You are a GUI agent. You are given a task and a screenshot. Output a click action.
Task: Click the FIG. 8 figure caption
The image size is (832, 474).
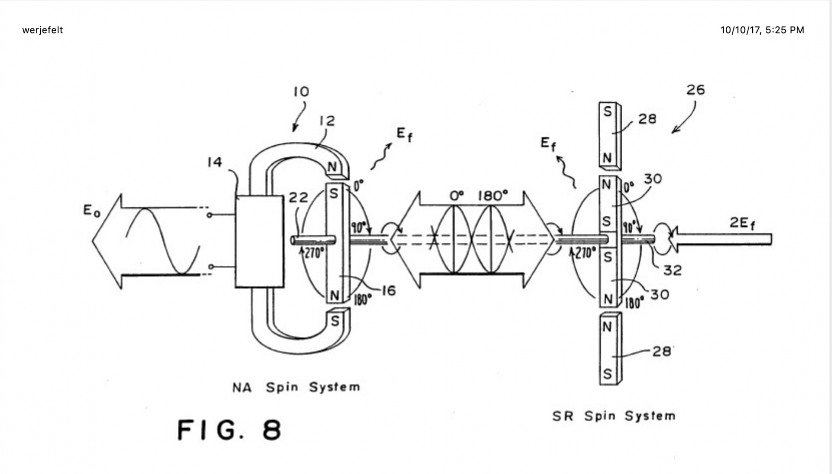point(230,430)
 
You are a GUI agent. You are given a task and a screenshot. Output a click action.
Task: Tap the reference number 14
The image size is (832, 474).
point(214,162)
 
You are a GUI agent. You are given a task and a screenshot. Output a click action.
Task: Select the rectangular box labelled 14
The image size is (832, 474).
point(260,242)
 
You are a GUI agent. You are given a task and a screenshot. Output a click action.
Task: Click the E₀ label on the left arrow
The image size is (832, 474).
point(91,211)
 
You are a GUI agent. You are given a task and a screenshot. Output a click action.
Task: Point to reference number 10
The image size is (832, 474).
point(301,92)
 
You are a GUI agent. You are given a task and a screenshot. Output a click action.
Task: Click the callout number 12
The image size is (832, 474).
point(327,121)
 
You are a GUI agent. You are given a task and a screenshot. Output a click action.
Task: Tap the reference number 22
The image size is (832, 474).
point(298,198)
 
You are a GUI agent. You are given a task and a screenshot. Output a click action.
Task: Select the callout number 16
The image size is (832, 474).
point(389,291)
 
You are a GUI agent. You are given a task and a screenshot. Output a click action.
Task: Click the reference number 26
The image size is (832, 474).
point(695,90)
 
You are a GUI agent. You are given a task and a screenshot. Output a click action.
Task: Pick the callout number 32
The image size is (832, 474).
point(673,271)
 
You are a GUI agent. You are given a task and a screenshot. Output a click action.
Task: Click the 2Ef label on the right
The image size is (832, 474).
point(742,223)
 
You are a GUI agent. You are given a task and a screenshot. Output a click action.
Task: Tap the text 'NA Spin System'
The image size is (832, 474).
point(296,387)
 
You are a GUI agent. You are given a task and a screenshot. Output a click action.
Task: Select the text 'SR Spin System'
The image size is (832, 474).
point(614,416)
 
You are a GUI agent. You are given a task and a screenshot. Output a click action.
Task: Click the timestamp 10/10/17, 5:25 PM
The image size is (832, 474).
point(762,30)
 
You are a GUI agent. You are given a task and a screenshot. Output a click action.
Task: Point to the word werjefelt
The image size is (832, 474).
point(42,30)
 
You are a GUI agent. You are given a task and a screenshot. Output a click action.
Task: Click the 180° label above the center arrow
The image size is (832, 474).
point(493,196)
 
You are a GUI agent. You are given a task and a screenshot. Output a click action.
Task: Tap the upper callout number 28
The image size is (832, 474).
point(647,119)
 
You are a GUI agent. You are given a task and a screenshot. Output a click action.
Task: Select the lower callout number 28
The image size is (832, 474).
point(662,351)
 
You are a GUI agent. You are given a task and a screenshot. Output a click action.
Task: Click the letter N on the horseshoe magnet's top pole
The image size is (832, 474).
point(332,167)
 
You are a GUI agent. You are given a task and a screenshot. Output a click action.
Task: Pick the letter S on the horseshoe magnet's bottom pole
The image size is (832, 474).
point(335,321)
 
